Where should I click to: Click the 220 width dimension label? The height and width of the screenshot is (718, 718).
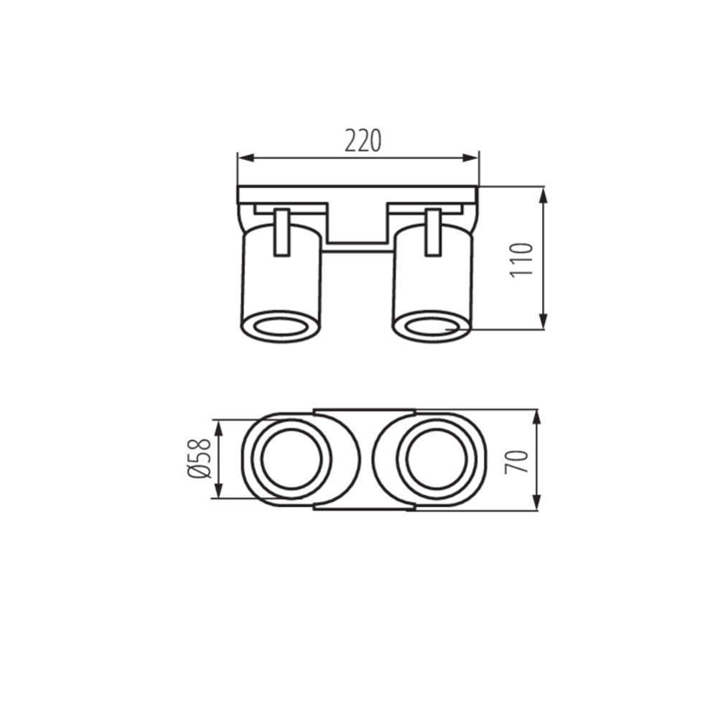point(363,141)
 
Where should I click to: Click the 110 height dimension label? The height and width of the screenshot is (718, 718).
point(521,259)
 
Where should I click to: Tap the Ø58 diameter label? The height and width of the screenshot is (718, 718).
point(200,458)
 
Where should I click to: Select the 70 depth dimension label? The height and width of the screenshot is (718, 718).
point(517,462)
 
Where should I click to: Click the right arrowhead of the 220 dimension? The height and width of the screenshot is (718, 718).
point(470,158)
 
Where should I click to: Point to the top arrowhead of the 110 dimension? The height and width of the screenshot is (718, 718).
point(543,195)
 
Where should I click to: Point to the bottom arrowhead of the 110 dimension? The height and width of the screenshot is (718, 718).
point(543,320)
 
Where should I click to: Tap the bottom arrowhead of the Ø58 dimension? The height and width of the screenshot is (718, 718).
point(218,490)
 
